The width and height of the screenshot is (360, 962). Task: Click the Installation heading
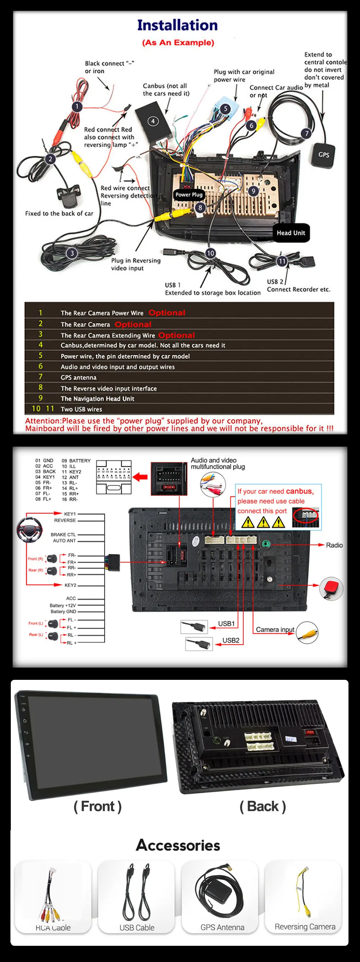(177, 25)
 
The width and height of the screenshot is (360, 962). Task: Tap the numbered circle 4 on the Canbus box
(153, 121)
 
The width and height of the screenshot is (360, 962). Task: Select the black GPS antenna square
(323, 155)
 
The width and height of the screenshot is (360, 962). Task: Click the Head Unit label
(291, 232)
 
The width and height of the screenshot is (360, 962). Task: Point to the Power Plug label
(189, 195)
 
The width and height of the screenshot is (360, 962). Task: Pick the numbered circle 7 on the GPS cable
(307, 133)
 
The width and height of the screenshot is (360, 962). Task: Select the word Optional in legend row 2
(133, 324)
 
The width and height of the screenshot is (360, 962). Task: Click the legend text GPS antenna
(78, 378)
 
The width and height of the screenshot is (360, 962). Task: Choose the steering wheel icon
(29, 529)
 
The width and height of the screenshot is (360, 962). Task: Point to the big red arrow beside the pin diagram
(140, 477)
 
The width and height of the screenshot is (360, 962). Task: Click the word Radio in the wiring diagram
(334, 545)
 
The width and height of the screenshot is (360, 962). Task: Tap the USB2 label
(231, 640)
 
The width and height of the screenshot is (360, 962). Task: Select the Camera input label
(275, 629)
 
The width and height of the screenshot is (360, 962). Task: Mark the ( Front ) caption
(98, 806)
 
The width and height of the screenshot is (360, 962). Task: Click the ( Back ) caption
(262, 806)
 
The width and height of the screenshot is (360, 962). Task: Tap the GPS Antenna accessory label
(222, 927)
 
